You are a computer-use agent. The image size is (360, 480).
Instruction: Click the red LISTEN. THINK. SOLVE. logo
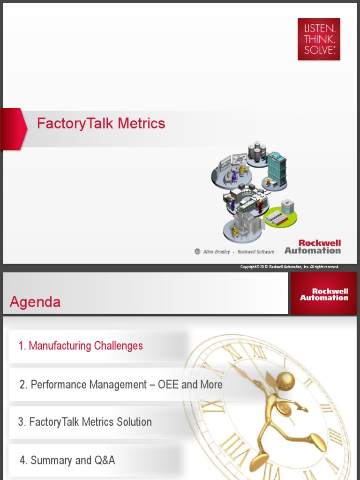pos(319,39)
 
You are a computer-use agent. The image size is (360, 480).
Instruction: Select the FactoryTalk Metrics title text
pos(101,124)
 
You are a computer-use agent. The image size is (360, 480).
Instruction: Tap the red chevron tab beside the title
pos(13,128)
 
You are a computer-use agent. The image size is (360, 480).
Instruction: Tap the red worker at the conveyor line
pos(260,205)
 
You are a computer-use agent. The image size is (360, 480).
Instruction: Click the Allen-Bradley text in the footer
pos(216,252)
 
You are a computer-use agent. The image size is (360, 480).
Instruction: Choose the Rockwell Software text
pos(255,252)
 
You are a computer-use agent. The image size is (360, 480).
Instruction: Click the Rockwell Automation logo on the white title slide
pos(313,247)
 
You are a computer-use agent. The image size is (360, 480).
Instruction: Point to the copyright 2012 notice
pos(289,267)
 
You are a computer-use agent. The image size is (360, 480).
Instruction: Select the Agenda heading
pos(35,302)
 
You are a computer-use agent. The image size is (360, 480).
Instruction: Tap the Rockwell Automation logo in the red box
pos(324,294)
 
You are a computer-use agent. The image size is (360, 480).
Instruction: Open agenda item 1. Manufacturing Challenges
pos(81,346)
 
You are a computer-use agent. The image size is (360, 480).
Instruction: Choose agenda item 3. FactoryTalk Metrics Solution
pos(85,422)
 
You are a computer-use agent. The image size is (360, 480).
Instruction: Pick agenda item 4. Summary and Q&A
pos(67,460)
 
